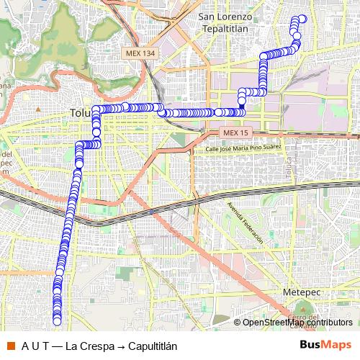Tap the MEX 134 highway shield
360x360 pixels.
click(139, 54)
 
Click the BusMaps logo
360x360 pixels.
click(325, 344)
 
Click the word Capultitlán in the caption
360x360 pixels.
click(153, 345)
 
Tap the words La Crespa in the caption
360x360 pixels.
click(89, 345)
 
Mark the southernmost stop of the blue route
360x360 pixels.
click(58, 322)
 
